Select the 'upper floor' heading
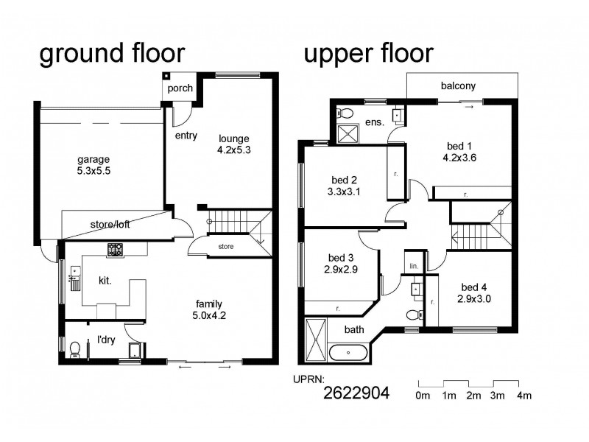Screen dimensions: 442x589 tap(368, 54)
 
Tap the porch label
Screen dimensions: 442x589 tap(180, 88)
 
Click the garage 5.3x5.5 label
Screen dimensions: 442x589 tap(94, 165)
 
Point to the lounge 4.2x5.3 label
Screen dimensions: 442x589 tap(234, 144)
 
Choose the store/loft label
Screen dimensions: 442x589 tap(110, 225)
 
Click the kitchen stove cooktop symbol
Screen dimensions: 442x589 tap(116, 250)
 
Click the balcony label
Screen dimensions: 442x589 tap(458, 85)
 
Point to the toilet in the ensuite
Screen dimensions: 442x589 tap(345, 113)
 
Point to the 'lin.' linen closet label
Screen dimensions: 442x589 tap(414, 264)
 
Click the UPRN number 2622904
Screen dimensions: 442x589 tap(356, 393)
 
